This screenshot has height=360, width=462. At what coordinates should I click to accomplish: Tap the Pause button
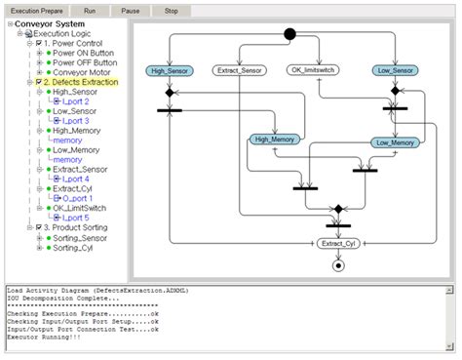tap(130, 9)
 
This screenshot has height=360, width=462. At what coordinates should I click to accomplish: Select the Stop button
tap(172, 9)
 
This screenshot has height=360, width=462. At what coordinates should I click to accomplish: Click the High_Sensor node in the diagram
tap(170, 70)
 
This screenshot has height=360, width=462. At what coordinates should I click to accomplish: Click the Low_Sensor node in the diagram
tap(395, 70)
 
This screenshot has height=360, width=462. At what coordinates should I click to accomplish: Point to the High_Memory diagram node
tap(276, 140)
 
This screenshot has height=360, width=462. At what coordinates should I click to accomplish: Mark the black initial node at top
tap(289, 35)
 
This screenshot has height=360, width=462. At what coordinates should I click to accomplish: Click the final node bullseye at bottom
tap(338, 265)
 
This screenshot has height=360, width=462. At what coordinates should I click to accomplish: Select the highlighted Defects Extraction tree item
tap(81, 82)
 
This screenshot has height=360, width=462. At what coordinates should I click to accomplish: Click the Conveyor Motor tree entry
tap(82, 72)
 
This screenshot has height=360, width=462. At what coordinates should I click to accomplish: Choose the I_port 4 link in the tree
tap(74, 179)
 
